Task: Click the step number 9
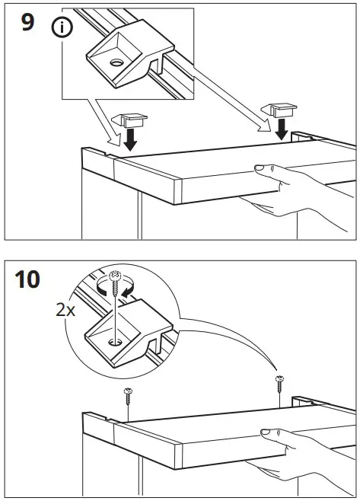[27, 24]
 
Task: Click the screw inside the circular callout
[115, 293]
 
